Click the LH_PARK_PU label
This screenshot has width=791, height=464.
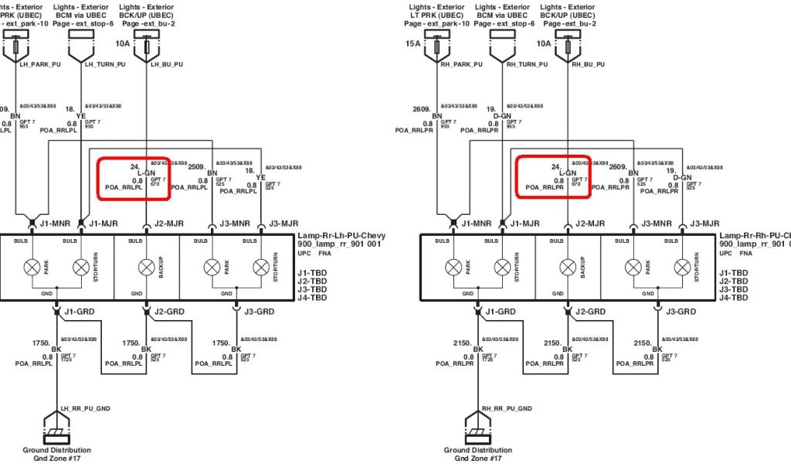click(x=39, y=64)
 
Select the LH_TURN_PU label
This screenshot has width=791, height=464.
click(x=104, y=64)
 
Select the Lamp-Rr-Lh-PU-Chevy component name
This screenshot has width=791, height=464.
click(x=341, y=236)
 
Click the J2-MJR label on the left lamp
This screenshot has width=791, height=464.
click(x=168, y=224)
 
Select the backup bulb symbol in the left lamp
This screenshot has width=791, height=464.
click(x=147, y=268)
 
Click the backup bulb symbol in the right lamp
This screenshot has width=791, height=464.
click(x=569, y=268)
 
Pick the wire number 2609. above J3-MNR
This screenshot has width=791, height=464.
click(x=620, y=167)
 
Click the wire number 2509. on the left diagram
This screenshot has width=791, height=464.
click(x=198, y=167)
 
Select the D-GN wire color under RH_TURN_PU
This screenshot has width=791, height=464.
click(x=502, y=117)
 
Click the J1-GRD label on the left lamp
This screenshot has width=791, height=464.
click(x=78, y=312)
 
